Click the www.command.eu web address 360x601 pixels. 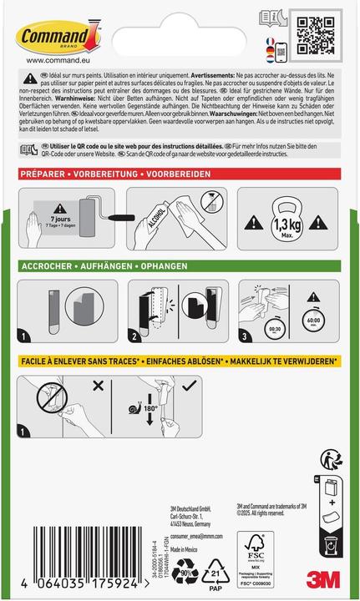click(50, 59)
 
